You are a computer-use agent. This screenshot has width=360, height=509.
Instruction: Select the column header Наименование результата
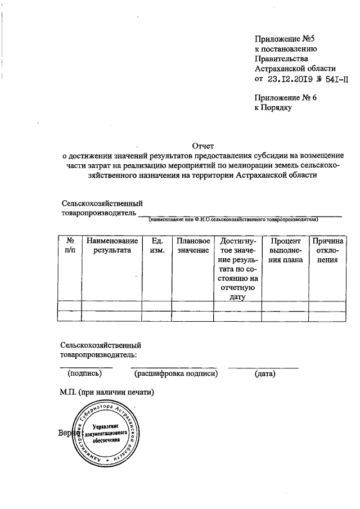tap(111, 245)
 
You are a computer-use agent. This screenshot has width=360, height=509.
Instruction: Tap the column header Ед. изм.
tap(156, 245)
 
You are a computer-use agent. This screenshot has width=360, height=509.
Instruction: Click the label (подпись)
tap(84, 373)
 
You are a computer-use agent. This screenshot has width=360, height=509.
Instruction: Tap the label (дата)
tap(264, 373)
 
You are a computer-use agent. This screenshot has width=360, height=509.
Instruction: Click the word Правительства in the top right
tap(281, 58)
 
